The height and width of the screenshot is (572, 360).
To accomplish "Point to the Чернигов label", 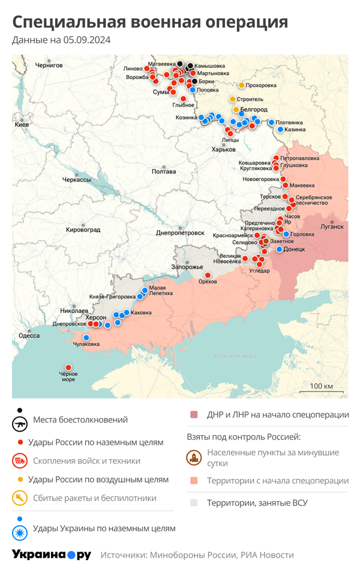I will point(49,65).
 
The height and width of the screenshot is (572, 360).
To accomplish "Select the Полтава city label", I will point(164,171).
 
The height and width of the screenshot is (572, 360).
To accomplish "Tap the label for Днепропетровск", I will point(180,233).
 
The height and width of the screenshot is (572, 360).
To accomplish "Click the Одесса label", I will point(29,336).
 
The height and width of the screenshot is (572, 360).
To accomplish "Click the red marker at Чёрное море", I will point(68,368).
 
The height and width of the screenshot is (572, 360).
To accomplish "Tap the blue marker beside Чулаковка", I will point(86,338).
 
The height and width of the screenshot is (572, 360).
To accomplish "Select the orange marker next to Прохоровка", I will point(242,85).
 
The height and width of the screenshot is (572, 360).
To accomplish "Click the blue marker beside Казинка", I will point(280,130).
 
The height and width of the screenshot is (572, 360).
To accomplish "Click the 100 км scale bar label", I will point(322,385).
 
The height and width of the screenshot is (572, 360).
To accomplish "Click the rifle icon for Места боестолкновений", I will point(20,423).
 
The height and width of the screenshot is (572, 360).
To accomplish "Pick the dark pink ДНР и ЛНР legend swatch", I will point(194,415).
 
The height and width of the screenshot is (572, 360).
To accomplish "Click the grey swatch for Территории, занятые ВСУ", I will point(194,503).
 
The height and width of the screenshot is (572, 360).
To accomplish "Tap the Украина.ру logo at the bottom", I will point(52,555).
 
